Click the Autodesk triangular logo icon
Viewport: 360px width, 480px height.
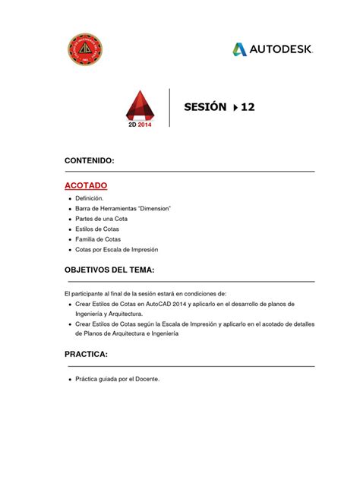click(240, 49)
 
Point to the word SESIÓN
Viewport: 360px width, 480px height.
click(205, 108)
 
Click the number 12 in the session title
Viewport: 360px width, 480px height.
click(248, 108)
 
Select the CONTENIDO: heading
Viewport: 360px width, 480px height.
click(89, 162)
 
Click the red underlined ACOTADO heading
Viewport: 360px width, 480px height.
click(85, 185)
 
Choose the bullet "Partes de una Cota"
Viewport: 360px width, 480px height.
click(106, 219)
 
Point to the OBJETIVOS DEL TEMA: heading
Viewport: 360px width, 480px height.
click(109, 271)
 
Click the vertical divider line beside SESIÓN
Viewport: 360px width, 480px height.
click(169, 108)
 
